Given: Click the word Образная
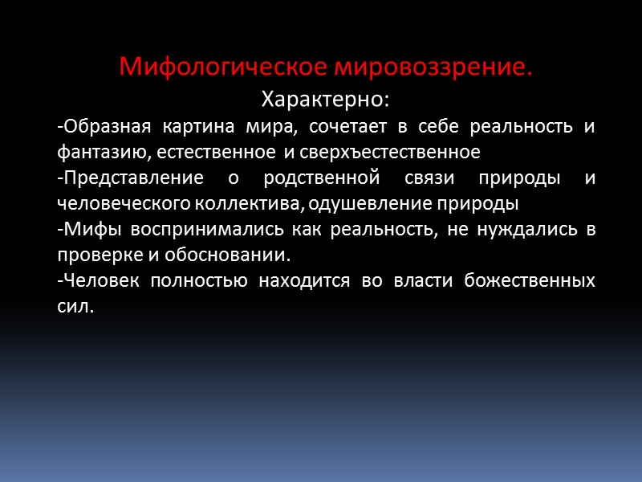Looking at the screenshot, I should (100, 127).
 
